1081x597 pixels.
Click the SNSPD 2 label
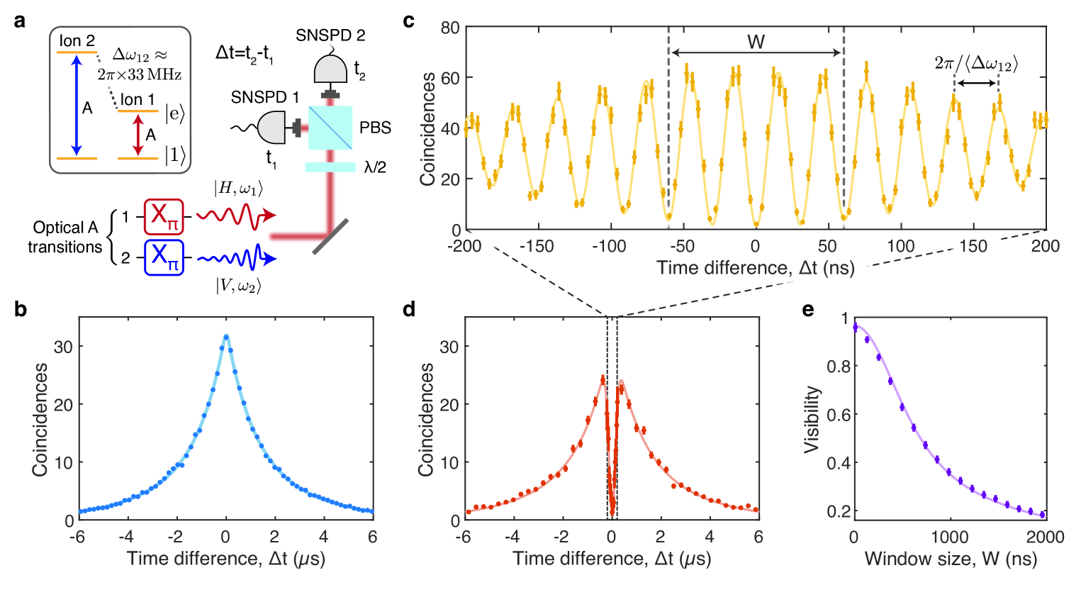[x=330, y=35]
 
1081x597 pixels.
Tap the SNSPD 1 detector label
[x=264, y=97]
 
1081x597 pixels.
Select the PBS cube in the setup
[x=330, y=128]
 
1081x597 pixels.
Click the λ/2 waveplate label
[x=375, y=167]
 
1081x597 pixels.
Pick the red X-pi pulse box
[x=164, y=216]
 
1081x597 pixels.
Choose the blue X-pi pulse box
[x=164, y=257]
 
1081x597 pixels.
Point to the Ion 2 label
[x=77, y=41]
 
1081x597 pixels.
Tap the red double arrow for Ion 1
[x=138, y=135]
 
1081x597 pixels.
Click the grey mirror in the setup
[x=330, y=235]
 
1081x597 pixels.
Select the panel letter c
[x=408, y=21]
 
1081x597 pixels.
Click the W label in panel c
[x=756, y=43]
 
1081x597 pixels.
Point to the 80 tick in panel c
[x=450, y=28]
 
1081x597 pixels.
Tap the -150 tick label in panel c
[x=537, y=246]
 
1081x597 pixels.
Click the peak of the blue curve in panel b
[x=226, y=336]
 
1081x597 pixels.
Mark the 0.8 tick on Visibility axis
[x=838, y=367]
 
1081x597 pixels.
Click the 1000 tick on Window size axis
[x=950, y=537]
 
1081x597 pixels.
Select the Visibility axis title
[x=812, y=419]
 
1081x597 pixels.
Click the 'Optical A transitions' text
[x=65, y=237]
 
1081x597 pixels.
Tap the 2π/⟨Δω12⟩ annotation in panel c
[x=976, y=64]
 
